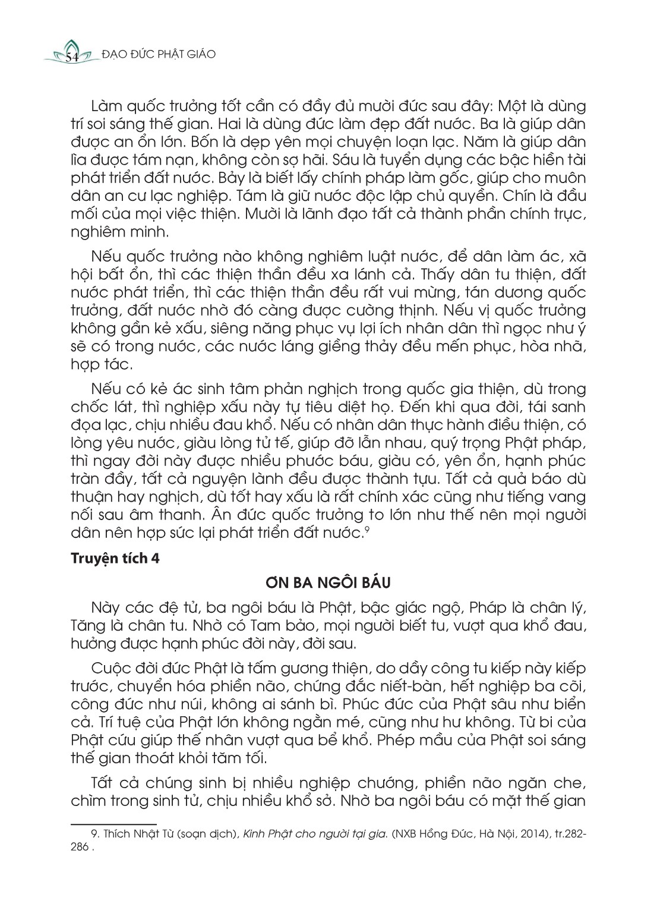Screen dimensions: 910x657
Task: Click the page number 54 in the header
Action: pos(72,57)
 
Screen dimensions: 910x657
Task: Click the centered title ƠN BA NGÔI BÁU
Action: pos(328,582)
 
